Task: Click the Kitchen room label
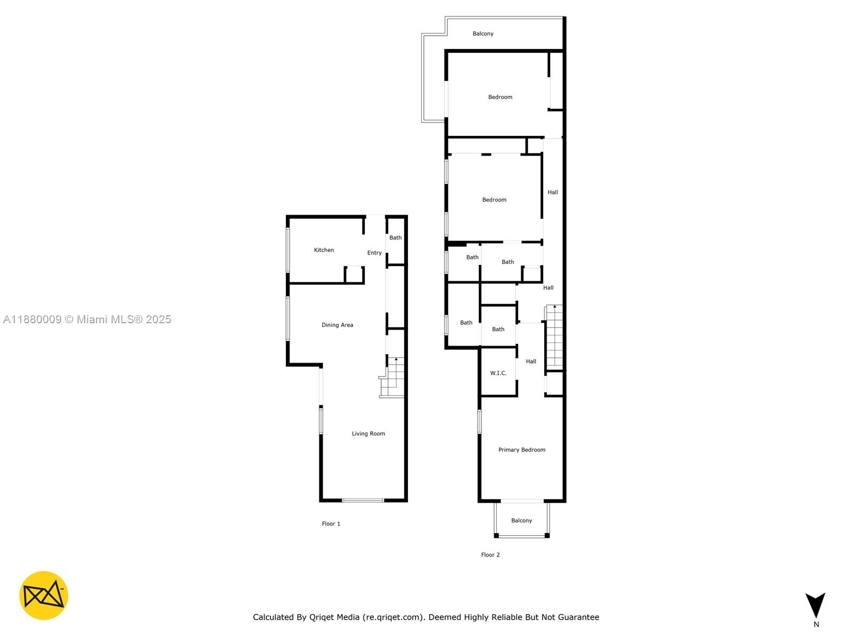pyautogui.click(x=324, y=250)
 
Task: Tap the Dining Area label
pyautogui.click(x=337, y=325)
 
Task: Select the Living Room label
pyautogui.click(x=368, y=433)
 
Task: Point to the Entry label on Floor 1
pyautogui.click(x=374, y=253)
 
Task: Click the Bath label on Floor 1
pyautogui.click(x=395, y=237)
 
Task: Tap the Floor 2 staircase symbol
pyautogui.click(x=554, y=335)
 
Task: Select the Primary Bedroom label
pyautogui.click(x=521, y=450)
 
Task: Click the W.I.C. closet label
pyautogui.click(x=498, y=373)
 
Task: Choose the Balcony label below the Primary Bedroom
pyautogui.click(x=521, y=521)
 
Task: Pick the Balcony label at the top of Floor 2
pyautogui.click(x=483, y=34)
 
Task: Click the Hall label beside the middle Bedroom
pyautogui.click(x=553, y=192)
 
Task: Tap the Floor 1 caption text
pyautogui.click(x=331, y=524)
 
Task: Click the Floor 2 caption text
pyautogui.click(x=490, y=555)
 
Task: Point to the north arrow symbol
pyautogui.click(x=815, y=605)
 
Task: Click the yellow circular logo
pyautogui.click(x=44, y=595)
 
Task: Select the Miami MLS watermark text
pyautogui.click(x=87, y=319)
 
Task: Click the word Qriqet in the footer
pyautogui.click(x=322, y=617)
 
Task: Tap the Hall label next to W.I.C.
pyautogui.click(x=531, y=362)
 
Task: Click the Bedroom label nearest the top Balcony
pyautogui.click(x=500, y=97)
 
